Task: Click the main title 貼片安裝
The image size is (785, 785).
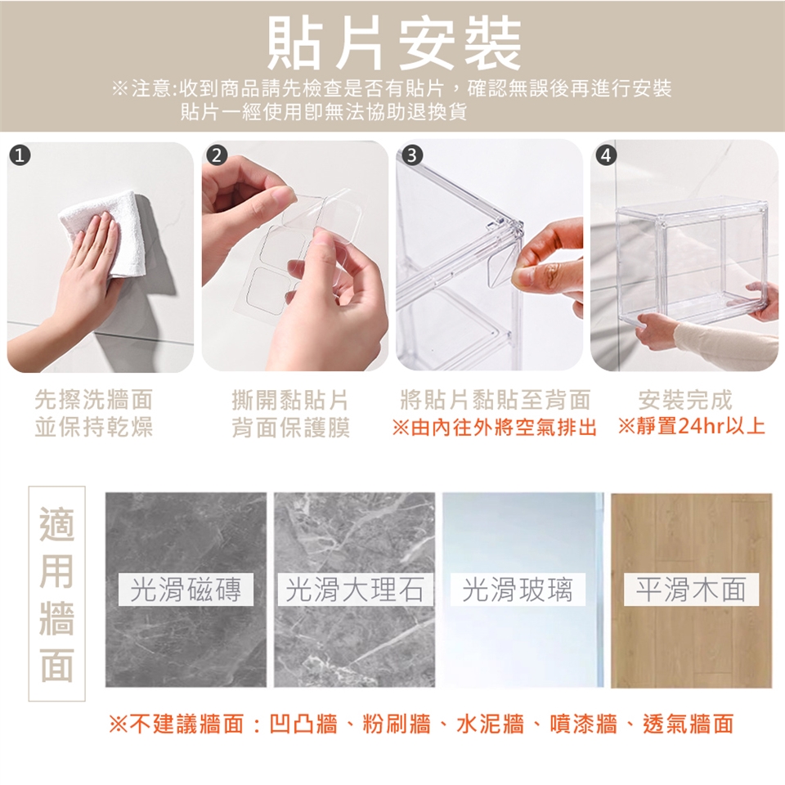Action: tap(394, 43)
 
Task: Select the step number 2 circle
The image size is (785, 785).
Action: tap(216, 155)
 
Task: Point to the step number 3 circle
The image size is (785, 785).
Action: tap(411, 155)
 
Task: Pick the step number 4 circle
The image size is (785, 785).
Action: tap(606, 155)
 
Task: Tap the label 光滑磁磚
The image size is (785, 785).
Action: tap(186, 590)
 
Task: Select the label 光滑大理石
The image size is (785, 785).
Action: tap(354, 590)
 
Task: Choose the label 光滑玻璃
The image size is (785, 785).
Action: tap(517, 590)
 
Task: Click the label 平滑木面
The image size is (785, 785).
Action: tap(691, 590)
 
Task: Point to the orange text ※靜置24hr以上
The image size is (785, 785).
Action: tap(692, 427)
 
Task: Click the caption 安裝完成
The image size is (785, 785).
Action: tap(685, 400)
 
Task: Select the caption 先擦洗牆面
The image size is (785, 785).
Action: tap(93, 400)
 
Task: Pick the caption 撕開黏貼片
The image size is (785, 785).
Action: tap(289, 400)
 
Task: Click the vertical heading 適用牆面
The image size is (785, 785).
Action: tap(56, 594)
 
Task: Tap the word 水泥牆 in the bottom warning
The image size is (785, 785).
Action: tap(490, 724)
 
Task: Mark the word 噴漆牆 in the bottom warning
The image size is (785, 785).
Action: tap(583, 724)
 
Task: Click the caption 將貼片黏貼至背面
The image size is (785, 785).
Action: tap(496, 400)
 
